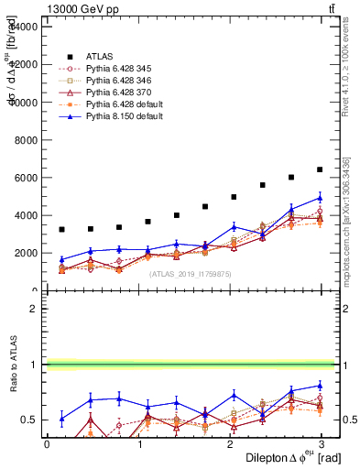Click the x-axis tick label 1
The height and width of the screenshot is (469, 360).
click(x=138, y=443)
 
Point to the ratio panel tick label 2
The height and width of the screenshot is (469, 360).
click(x=33, y=309)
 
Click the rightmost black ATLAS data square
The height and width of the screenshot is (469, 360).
click(x=320, y=169)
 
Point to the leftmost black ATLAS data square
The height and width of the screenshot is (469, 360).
click(x=61, y=229)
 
